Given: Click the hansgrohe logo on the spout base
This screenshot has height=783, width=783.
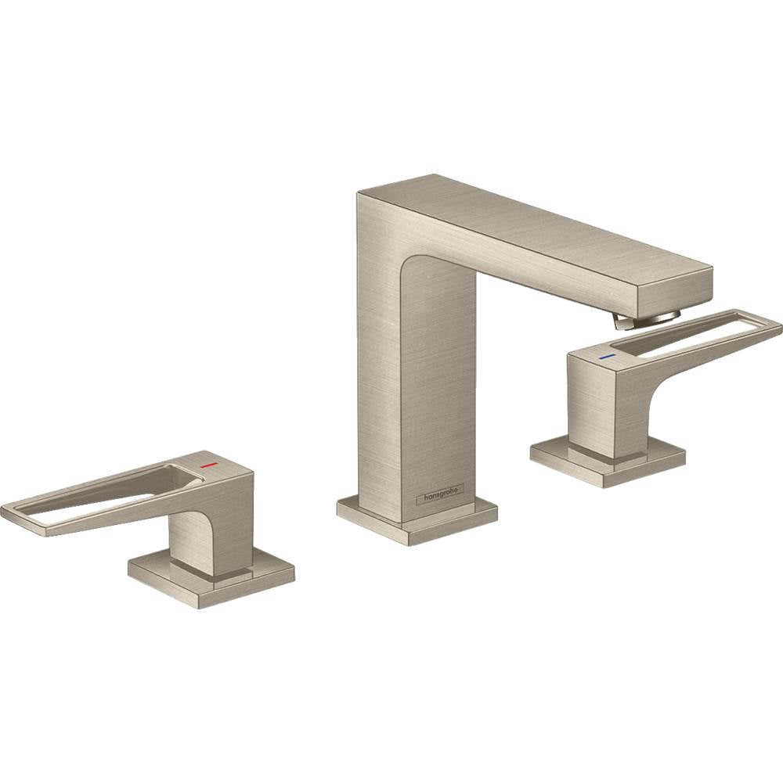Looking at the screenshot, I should coord(443,494).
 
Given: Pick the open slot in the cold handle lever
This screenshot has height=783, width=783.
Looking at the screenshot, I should coord(689,332).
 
